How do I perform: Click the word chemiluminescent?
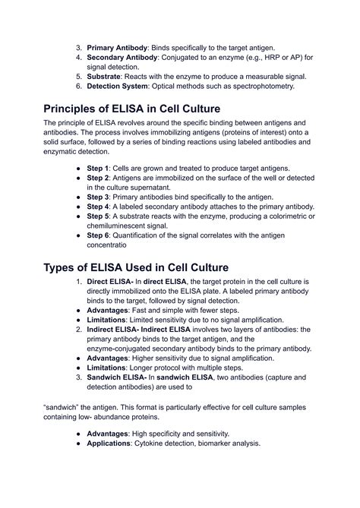point(125,226)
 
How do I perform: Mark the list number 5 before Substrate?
point(78,77)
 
